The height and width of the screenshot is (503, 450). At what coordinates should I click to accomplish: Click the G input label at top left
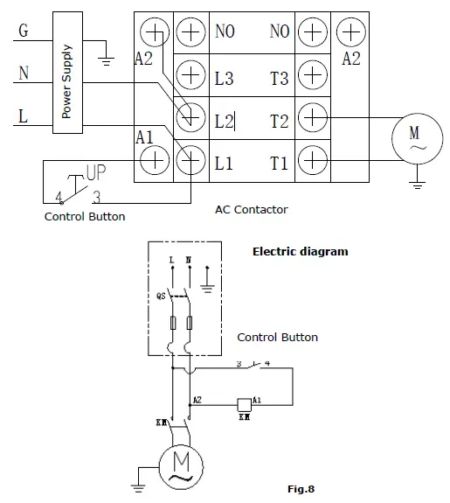(23, 31)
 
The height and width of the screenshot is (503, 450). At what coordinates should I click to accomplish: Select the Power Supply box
(66, 73)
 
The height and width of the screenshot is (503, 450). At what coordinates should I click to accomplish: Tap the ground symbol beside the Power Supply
(106, 58)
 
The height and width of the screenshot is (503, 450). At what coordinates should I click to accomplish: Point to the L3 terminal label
(224, 79)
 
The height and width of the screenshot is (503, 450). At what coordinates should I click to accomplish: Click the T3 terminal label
(279, 79)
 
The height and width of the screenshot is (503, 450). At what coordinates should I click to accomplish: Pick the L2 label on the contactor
(224, 121)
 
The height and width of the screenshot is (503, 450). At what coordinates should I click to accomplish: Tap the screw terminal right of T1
(313, 160)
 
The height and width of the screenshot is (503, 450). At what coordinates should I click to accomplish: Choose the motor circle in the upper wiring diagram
(415, 138)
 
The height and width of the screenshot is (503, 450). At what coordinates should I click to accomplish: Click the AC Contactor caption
(251, 210)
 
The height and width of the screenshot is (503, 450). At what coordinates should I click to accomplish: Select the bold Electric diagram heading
(300, 251)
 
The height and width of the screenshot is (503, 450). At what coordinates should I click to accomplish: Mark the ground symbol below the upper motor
(417, 185)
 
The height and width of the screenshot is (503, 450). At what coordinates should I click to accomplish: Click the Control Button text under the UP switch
(85, 216)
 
